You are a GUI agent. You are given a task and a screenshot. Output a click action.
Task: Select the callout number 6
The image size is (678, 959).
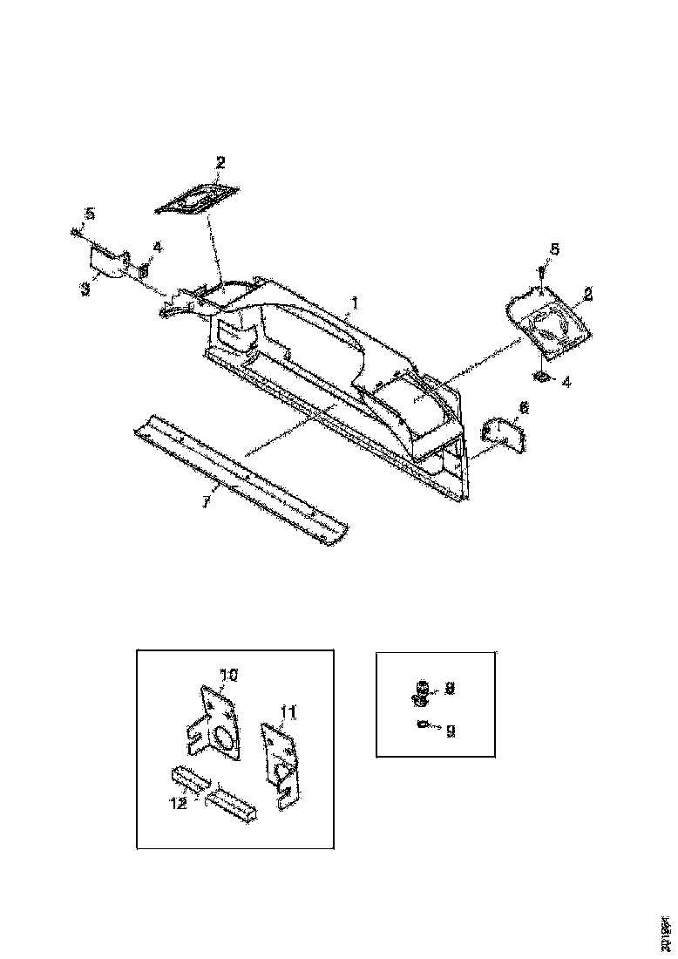523,408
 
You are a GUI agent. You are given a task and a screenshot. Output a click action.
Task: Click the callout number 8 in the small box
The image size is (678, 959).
450,688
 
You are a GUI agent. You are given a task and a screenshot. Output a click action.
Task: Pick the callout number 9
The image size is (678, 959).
450,731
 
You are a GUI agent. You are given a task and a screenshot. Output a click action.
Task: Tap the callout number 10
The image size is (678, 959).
227,675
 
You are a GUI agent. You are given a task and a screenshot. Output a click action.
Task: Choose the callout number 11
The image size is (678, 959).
288,712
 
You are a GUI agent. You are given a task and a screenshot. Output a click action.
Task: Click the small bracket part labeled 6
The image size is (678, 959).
503,435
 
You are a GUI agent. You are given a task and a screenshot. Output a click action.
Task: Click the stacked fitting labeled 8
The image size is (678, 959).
422,692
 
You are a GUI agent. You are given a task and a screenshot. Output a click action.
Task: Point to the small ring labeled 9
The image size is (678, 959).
423,724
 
